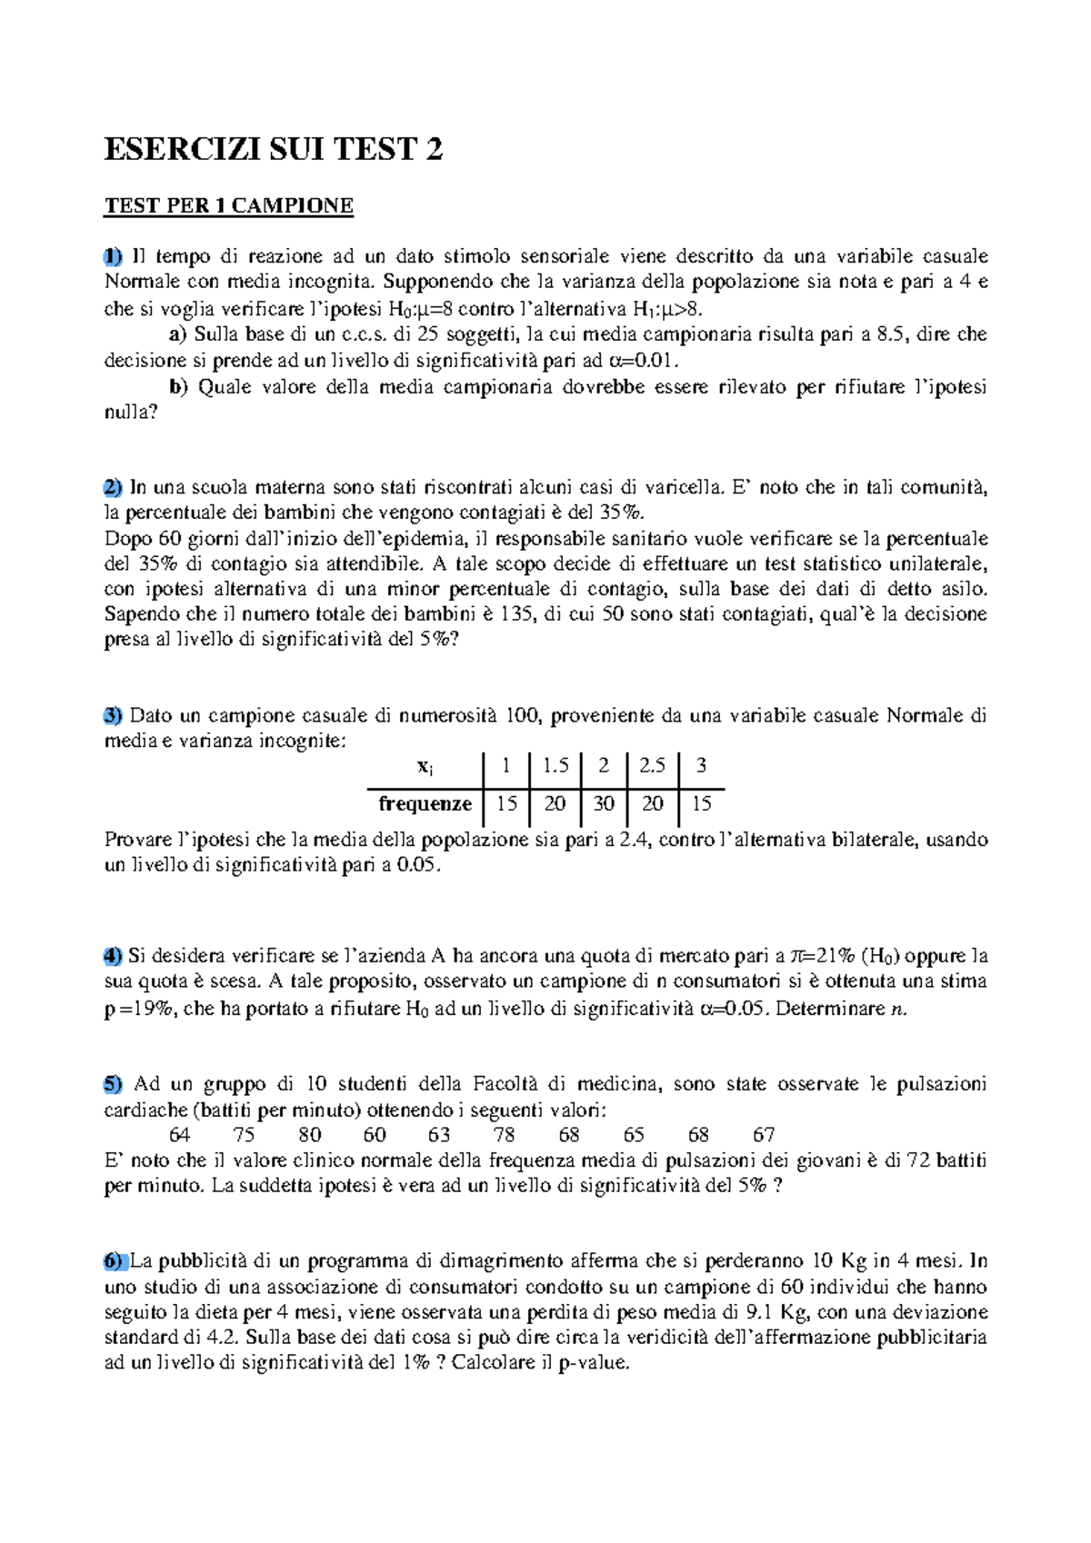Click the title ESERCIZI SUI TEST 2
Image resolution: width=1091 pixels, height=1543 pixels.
[x=273, y=149]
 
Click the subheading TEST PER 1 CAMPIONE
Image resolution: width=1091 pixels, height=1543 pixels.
[x=228, y=206]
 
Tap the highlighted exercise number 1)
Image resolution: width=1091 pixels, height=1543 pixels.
[x=113, y=257]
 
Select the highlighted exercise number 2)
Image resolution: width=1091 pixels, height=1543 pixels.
[x=113, y=487]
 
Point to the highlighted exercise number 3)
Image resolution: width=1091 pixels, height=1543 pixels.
[x=113, y=715]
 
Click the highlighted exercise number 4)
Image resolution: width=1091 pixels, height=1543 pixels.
[x=113, y=956]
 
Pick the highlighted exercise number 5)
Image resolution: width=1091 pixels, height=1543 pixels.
[x=113, y=1083]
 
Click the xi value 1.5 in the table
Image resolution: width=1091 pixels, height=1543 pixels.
[x=555, y=766]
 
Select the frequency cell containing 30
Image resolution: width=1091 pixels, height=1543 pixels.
[x=604, y=804]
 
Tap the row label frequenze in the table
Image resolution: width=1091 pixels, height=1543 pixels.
[x=425, y=804]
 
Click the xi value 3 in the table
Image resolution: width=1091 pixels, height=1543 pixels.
[x=701, y=766]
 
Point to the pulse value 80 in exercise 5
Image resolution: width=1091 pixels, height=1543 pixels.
[x=310, y=1135]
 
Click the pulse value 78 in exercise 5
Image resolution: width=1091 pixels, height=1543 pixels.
[x=504, y=1135]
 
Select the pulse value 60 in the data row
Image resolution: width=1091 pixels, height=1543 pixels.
[x=375, y=1135]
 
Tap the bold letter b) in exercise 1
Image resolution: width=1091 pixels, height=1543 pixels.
[x=178, y=387]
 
